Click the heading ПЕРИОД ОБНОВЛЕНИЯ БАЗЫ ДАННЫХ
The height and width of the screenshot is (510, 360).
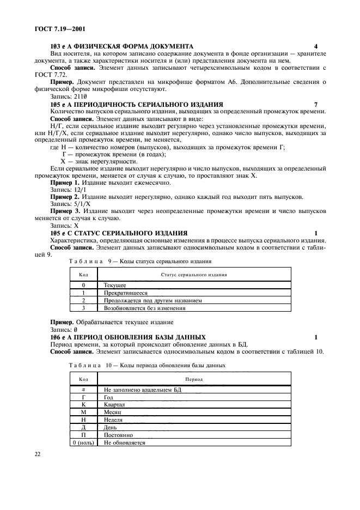[x=140, y=337]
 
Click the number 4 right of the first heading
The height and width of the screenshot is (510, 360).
[x=316, y=47]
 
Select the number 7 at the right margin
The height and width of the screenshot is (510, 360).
[x=316, y=104]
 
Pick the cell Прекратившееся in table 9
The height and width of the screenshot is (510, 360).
[x=125, y=292]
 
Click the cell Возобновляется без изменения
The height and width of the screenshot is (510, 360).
[x=144, y=307]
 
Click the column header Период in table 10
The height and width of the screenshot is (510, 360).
[x=194, y=379]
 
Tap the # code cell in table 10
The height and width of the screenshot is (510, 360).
[x=84, y=390]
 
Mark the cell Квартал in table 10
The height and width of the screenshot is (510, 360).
[x=115, y=405]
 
